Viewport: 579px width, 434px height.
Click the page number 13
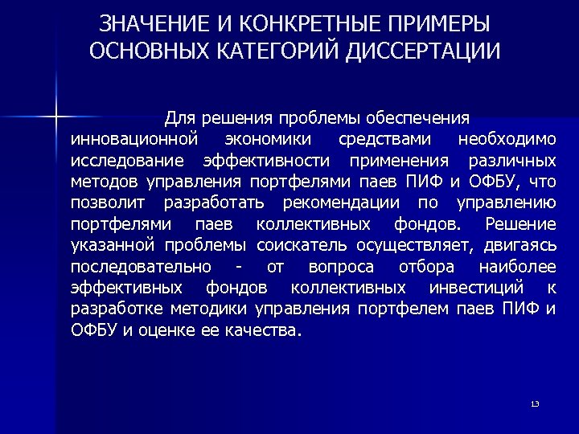(x=535, y=403)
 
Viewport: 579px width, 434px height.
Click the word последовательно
(x=142, y=266)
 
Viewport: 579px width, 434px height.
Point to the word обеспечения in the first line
(x=418, y=118)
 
